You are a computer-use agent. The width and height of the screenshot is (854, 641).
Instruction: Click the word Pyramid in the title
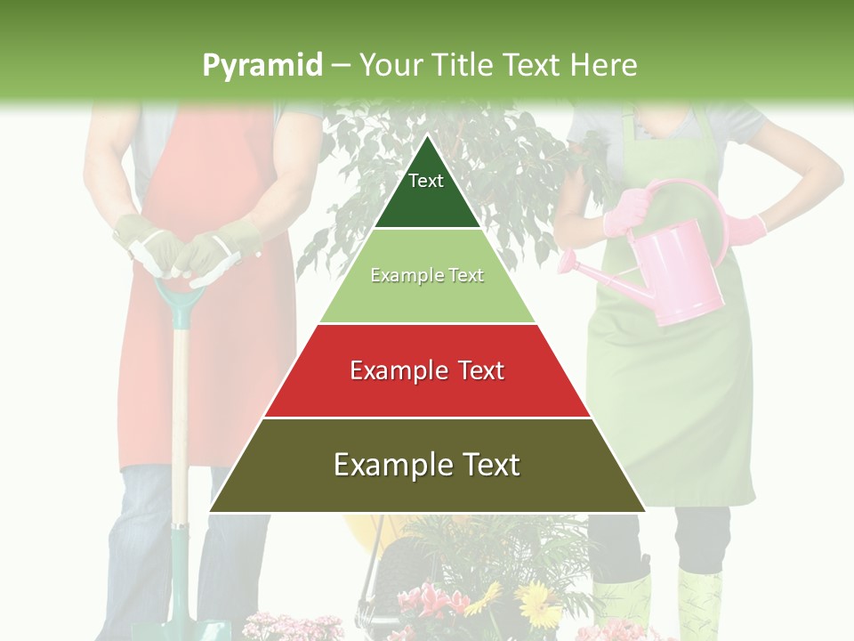pos(262,65)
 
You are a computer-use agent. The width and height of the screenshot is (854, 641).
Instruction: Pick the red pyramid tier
pos(427,392)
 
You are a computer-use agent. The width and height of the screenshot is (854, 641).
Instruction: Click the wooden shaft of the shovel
pos(180,418)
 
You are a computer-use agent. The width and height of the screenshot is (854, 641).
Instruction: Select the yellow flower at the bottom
pos(537,605)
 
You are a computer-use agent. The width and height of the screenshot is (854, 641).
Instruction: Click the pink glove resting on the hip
pos(753,227)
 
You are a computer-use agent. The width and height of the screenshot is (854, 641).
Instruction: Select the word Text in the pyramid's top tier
pos(425,181)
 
